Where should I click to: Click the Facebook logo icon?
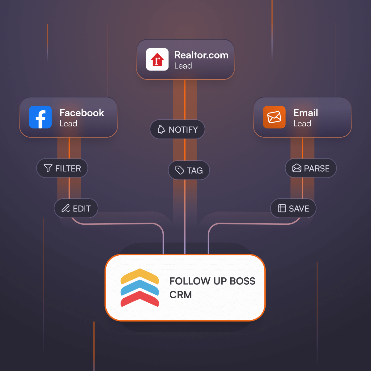click(x=40, y=117)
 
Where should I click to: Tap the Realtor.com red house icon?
click(x=157, y=59)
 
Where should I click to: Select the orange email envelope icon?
click(x=274, y=117)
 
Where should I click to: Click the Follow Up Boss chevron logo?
click(x=140, y=288)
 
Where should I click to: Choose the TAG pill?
click(x=189, y=170)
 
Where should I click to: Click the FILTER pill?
click(x=62, y=168)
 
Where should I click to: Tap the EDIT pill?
click(x=76, y=208)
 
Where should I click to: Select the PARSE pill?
click(x=311, y=168)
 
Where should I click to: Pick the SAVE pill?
click(x=293, y=208)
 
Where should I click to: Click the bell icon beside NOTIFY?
click(x=161, y=129)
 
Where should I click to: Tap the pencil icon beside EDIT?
click(x=66, y=208)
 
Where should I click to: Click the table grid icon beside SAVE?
click(x=282, y=208)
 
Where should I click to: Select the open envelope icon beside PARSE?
click(x=297, y=168)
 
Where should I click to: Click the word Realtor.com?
click(x=201, y=55)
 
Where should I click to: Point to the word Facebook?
click(x=82, y=113)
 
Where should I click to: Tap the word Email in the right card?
click(x=306, y=113)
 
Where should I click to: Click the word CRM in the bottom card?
click(x=181, y=295)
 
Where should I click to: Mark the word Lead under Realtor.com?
click(x=183, y=66)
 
